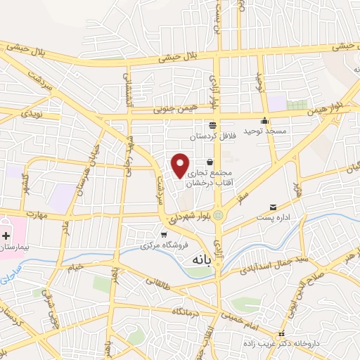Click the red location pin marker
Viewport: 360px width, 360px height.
tap(181, 165)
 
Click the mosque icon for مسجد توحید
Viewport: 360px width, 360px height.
tap(264, 120)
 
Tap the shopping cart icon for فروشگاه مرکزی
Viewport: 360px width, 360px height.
tap(163, 235)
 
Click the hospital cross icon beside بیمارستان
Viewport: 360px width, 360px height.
tap(6, 237)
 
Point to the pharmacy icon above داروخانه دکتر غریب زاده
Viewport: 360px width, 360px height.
tap(281, 334)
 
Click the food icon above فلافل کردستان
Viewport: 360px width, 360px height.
tap(212, 122)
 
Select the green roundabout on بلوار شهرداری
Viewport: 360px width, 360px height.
tap(218, 215)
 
